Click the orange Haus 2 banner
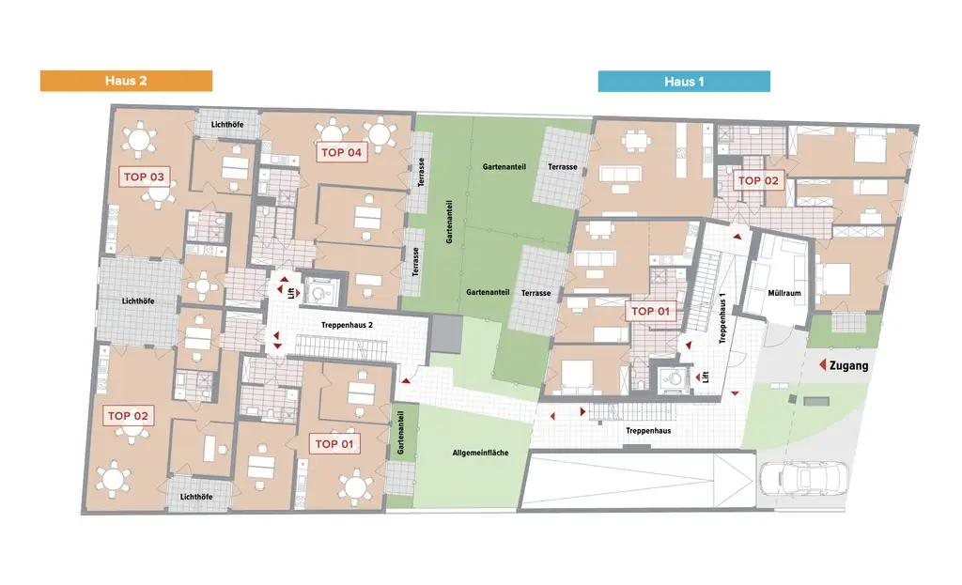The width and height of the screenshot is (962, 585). tap(126, 81)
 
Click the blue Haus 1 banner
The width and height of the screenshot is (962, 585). tap(684, 82)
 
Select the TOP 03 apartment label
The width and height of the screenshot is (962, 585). tap(144, 176)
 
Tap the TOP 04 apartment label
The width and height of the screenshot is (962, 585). tap(341, 152)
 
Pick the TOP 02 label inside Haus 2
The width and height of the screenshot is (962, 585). tap(129, 415)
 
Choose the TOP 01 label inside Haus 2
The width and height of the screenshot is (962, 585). tap(335, 443)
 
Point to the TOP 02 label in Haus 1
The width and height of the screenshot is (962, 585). tap(758, 180)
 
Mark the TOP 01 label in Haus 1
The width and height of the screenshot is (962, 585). tap(651, 311)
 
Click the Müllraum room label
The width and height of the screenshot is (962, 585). tap(783, 293)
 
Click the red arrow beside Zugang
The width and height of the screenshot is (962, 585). tap(820, 364)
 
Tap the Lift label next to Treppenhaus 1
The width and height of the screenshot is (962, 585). tap(703, 377)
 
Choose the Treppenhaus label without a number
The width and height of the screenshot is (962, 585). tap(647, 430)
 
